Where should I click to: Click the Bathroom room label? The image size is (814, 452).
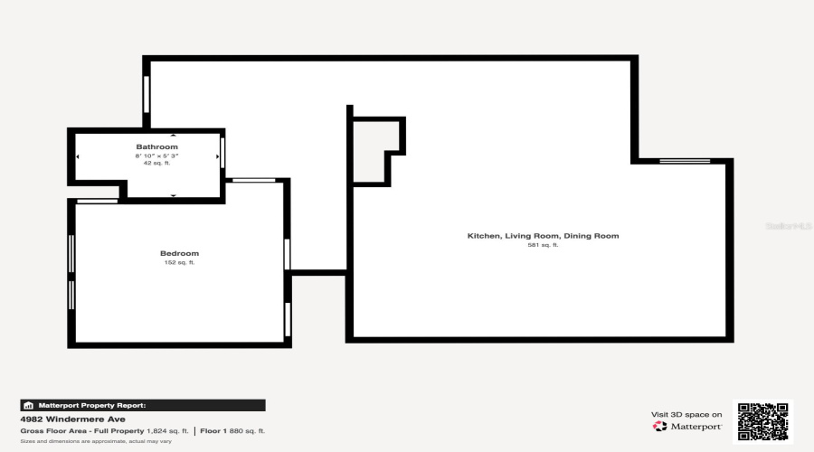click(156, 146)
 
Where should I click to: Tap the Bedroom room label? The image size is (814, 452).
click(179, 253)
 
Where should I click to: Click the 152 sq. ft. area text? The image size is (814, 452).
click(179, 262)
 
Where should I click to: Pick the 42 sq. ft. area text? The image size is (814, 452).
click(156, 163)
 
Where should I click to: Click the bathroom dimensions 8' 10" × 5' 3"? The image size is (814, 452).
click(156, 155)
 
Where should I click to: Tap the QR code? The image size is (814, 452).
click(762, 421)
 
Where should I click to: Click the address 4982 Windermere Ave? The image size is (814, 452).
click(60, 419)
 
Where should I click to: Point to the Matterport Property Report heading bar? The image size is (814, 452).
click(143, 406)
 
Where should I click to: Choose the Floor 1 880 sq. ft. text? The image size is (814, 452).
click(232, 431)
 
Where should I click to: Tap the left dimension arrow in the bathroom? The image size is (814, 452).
click(77, 156)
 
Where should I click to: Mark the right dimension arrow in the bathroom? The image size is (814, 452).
click(217, 156)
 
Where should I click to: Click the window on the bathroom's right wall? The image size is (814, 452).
click(222, 149)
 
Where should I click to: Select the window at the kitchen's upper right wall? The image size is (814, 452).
click(685, 161)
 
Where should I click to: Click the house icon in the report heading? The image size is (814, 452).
click(28, 406)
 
